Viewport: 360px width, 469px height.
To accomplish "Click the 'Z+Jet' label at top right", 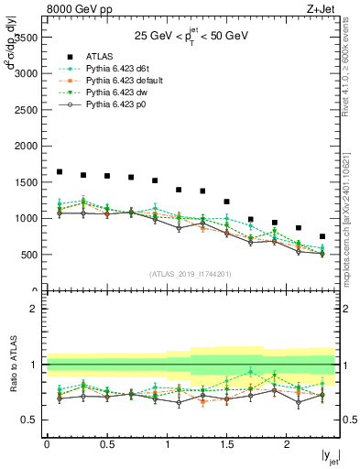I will click(319, 8).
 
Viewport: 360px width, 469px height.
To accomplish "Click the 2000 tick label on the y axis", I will click(25, 146).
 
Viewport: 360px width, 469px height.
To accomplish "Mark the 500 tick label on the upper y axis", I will click(27, 255).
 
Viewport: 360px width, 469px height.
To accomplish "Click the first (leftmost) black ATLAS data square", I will click(60, 171).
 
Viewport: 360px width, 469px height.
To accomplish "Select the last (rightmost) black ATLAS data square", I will click(322, 236).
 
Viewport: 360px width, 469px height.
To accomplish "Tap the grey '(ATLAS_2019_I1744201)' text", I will click(191, 273).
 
